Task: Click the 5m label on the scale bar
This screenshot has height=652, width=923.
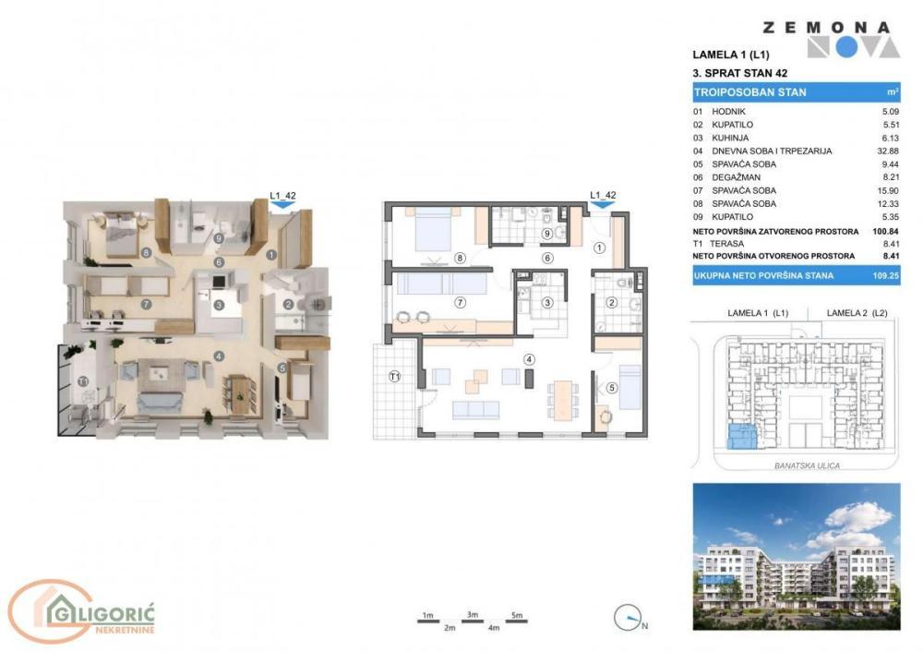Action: coord(517,615)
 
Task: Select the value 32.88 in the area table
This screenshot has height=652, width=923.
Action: coord(887,151)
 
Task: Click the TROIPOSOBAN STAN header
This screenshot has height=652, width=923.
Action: coord(749,92)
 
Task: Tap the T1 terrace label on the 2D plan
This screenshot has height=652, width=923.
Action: coord(394,376)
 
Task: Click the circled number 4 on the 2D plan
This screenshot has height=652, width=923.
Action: coord(529,359)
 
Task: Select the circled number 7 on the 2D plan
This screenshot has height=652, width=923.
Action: coord(459,302)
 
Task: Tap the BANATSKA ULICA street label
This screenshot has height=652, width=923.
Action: coord(809,465)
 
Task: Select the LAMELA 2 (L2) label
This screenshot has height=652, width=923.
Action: coord(856,313)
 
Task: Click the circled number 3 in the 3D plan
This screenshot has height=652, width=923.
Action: coord(219,304)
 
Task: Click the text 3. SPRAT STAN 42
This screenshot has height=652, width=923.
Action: coord(739,72)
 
